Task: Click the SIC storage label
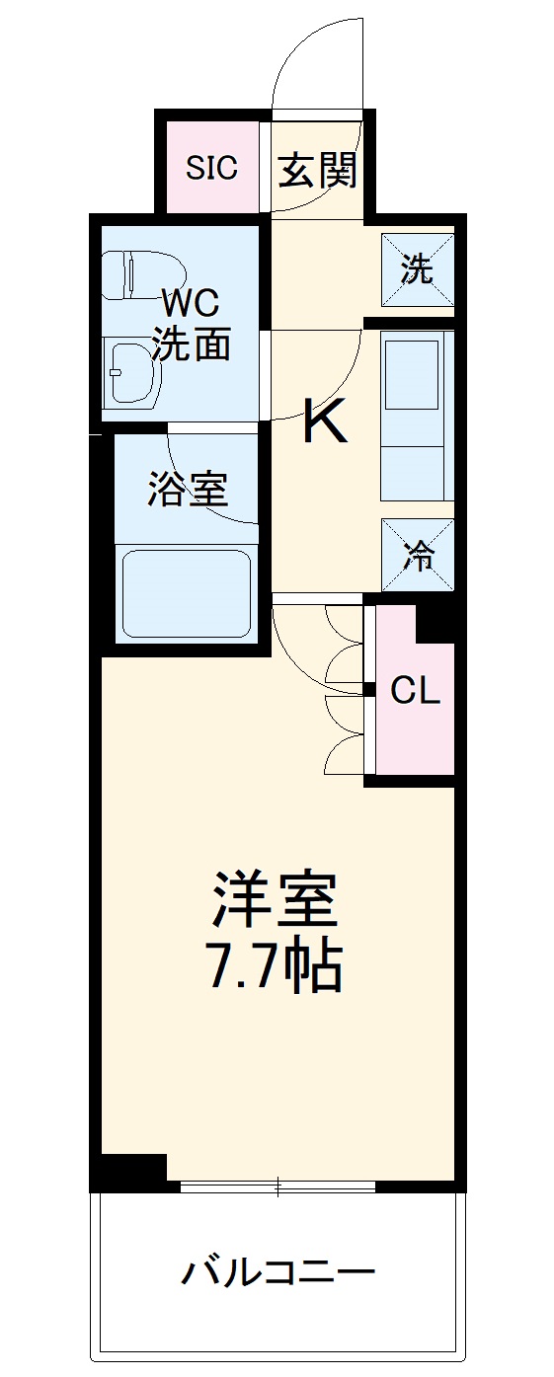point(212,168)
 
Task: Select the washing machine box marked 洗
point(418,269)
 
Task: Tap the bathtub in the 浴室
point(186,592)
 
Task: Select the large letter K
point(323,421)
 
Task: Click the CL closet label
point(415,691)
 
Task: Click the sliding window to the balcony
point(278,1186)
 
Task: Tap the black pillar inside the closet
point(435,623)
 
